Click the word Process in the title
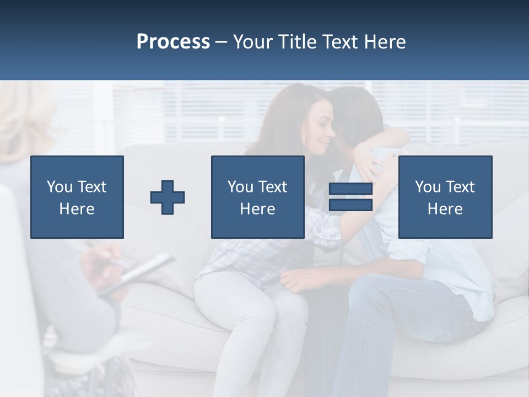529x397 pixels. coord(173,42)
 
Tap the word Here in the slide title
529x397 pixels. coord(383,42)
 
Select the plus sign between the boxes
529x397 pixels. coord(168,197)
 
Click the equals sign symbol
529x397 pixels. coord(350,197)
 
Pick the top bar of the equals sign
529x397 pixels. coord(350,190)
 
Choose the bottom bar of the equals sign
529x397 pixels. coord(350,205)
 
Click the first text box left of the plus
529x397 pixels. coord(77,197)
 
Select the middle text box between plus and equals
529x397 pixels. coord(257,197)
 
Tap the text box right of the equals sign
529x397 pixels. coord(445,197)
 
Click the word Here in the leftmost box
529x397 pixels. coord(77,208)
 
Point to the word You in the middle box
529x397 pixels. coord(240,187)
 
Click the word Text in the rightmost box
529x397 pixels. coord(460,187)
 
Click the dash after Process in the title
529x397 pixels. coord(221,42)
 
